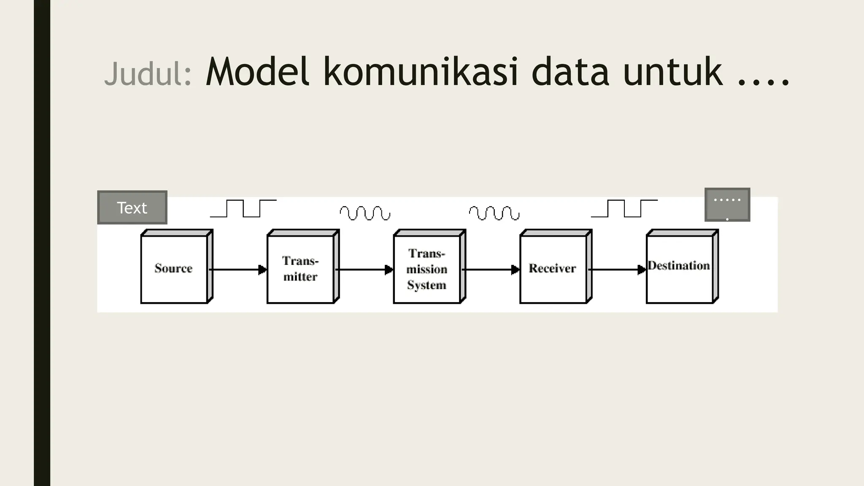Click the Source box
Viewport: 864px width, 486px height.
click(174, 269)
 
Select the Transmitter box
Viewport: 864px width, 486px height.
click(300, 269)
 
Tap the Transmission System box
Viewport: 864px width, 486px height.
click(427, 269)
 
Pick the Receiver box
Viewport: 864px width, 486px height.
click(553, 269)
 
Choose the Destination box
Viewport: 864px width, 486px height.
click(679, 269)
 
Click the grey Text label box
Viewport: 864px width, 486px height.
click(132, 208)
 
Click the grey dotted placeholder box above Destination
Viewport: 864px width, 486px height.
click(727, 205)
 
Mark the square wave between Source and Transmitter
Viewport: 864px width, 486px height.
click(243, 208)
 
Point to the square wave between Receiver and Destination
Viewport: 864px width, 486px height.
click(624, 208)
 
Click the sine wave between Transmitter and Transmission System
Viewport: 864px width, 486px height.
click(365, 213)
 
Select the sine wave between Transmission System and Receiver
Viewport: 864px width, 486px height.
click(494, 213)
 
